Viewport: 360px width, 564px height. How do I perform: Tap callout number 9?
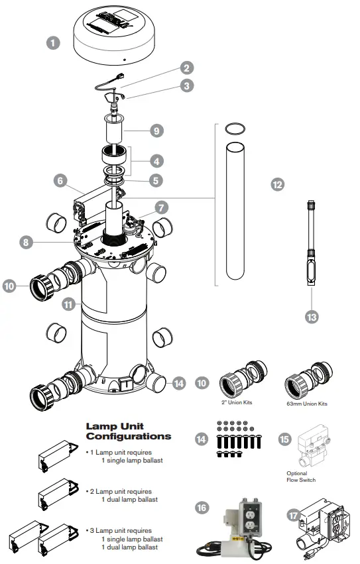[x=156, y=131]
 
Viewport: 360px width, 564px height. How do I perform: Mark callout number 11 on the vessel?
[x=67, y=305]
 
